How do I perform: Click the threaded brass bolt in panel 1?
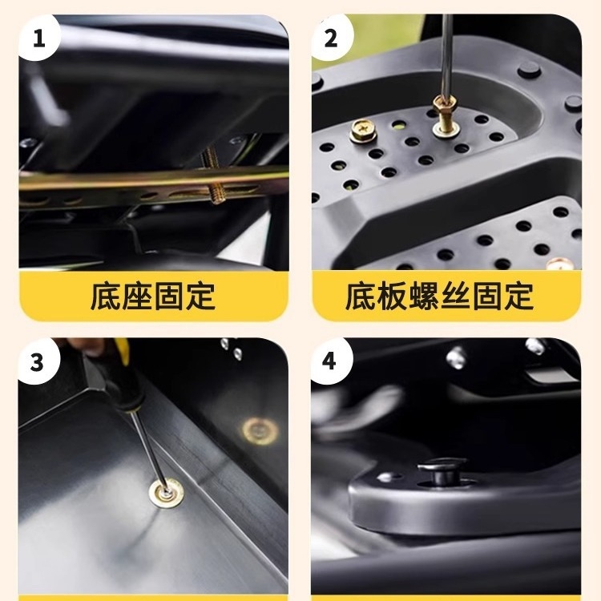(217, 186)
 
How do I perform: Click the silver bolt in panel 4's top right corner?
(534, 346)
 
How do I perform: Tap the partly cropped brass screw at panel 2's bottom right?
(565, 262)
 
